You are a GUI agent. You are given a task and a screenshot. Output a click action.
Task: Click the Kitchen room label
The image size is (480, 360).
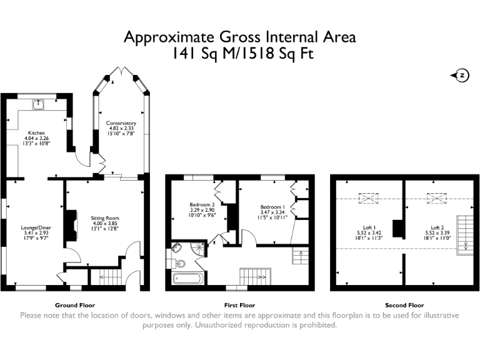35,133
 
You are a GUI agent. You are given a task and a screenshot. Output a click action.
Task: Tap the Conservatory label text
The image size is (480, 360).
121,123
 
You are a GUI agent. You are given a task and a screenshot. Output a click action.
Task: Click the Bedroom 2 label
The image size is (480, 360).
202,204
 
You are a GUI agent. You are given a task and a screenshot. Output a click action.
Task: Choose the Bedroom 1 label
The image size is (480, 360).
273,207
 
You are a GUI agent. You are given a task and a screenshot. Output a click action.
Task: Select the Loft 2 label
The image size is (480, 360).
437,227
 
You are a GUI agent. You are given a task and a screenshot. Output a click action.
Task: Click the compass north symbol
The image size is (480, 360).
460,75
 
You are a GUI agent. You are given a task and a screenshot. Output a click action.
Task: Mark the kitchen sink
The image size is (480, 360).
39,104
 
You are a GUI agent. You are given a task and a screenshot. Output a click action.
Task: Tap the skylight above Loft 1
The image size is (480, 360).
366,199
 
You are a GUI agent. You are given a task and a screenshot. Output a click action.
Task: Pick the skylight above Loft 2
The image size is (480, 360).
434,199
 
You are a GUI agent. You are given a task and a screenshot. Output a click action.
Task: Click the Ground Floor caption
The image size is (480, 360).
75,305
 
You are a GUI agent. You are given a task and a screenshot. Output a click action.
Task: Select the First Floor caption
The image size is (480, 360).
240,305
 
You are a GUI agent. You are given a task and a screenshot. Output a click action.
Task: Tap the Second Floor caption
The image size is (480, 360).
404,305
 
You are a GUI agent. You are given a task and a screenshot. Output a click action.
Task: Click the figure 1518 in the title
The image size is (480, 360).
261,54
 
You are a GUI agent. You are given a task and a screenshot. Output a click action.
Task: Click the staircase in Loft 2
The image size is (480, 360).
464,232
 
